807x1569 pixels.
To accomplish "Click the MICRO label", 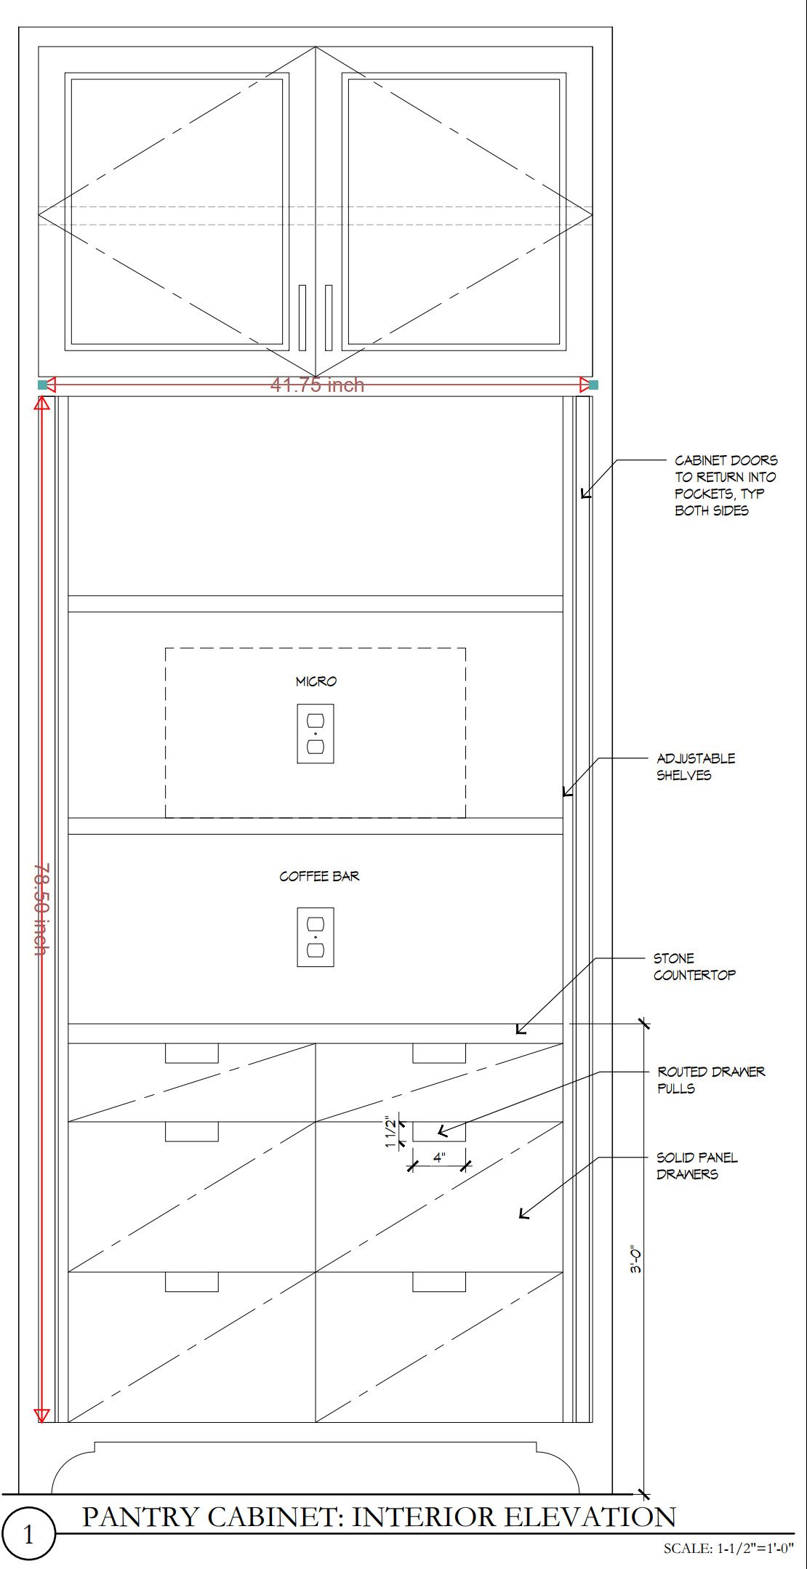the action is coord(316,681).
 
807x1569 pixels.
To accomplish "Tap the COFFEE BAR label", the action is coord(319,876).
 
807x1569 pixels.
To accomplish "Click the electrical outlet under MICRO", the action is coord(316,734).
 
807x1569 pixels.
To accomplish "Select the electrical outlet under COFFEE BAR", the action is coord(316,937).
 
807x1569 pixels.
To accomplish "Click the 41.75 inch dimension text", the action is coord(317,385).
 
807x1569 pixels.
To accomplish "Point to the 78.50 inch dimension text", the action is coord(42,909).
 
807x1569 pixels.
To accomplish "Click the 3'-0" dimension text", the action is coord(636,1259).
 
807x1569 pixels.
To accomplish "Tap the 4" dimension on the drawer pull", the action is coord(439,1157).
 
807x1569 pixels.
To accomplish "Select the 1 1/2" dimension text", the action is coord(391,1131).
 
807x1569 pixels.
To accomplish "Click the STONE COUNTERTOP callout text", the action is coord(694,967).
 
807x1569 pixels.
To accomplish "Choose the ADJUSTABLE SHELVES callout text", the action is coord(696,767).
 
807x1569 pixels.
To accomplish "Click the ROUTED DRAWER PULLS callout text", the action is coord(711,1080).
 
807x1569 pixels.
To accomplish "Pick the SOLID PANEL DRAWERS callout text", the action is coord(696,1165).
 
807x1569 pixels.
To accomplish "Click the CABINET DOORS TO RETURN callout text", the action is coord(726,485).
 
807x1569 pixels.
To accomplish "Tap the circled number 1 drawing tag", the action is coord(28,1533).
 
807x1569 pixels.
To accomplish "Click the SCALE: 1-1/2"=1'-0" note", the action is coord(728,1548).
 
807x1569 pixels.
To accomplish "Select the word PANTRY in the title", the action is coord(140,1517).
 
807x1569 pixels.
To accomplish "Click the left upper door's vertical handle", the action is coord(302,318).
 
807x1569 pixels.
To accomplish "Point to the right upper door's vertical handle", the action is coord(329,318).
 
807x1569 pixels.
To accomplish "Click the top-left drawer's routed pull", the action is coord(192,1054).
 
